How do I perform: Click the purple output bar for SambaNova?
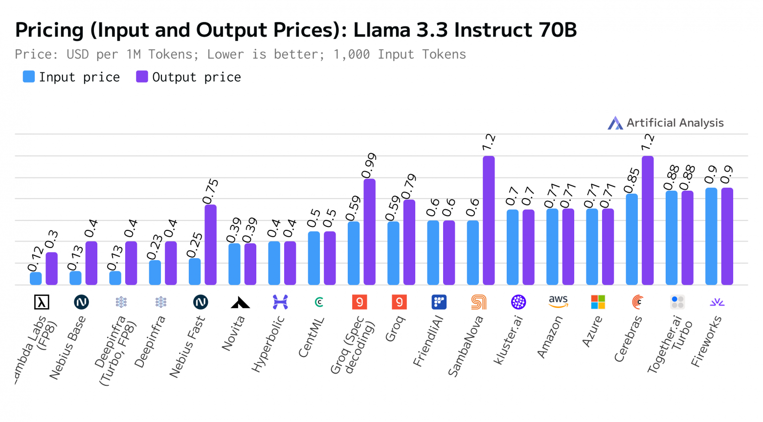(489, 220)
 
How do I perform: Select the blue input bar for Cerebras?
(631, 239)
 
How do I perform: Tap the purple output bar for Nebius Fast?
(210, 244)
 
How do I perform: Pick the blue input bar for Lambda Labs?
(36, 278)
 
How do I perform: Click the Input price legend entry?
(71, 77)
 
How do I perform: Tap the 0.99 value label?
(369, 166)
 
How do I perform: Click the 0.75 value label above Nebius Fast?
(211, 191)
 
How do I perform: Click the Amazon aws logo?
(558, 302)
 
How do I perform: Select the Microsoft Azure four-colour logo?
(598, 302)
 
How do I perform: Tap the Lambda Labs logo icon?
(42, 302)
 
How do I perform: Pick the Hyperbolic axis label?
(268, 344)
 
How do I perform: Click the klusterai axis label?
(508, 340)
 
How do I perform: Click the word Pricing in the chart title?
(49, 30)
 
